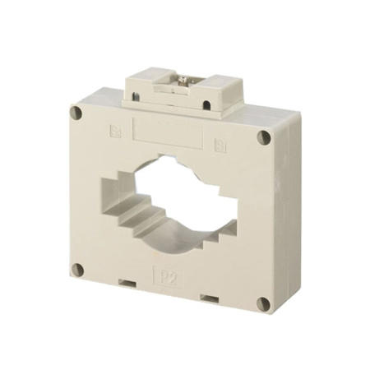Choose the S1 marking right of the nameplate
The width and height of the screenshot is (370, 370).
pyautogui.click(x=220, y=147)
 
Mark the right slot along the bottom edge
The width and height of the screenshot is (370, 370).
pyautogui.click(x=210, y=298)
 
